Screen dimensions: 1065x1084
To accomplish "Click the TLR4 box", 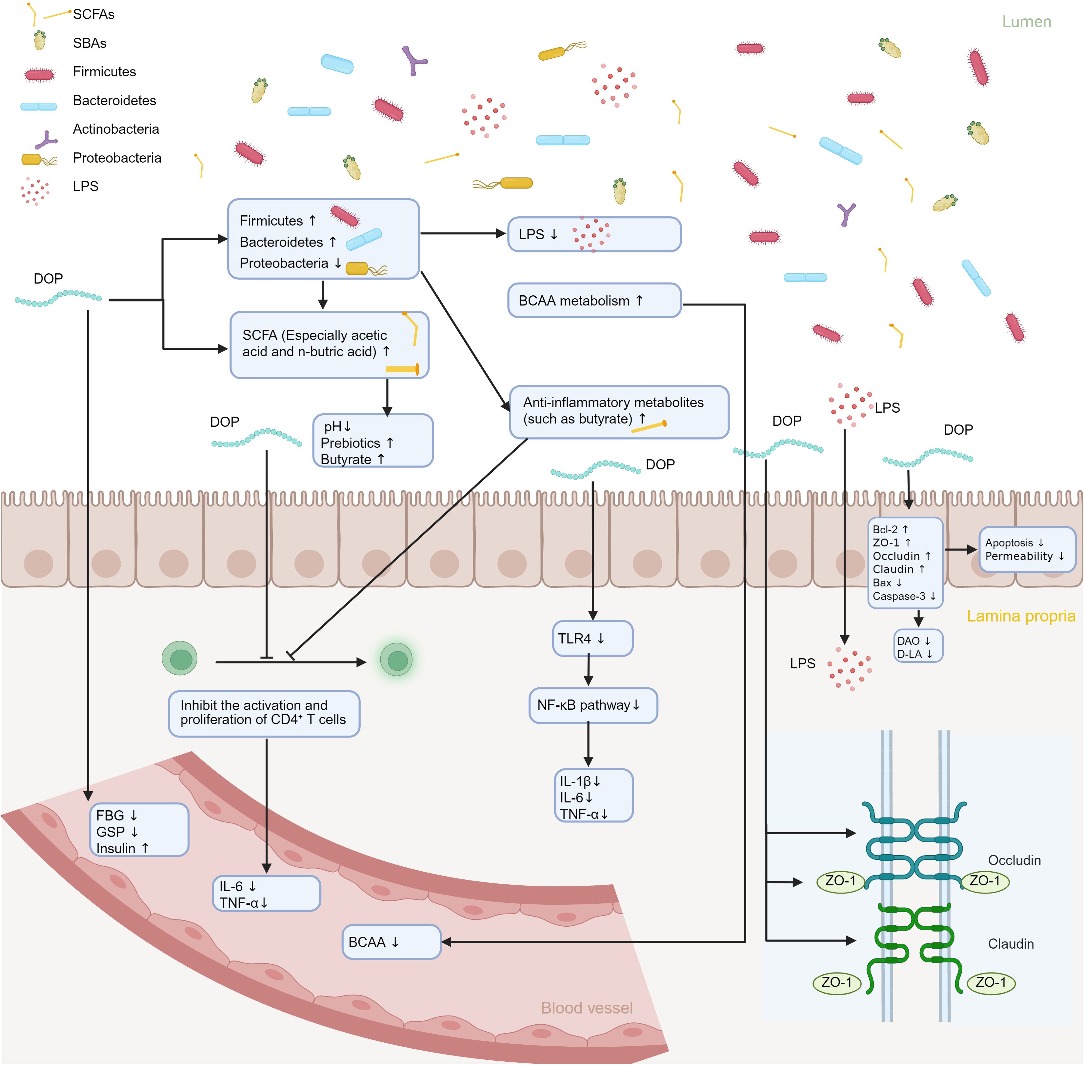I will [592, 638].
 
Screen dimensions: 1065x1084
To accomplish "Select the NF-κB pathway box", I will [592, 705].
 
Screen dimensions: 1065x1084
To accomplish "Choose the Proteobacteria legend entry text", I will [117, 158].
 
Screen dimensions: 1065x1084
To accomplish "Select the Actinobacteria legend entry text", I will [116, 129].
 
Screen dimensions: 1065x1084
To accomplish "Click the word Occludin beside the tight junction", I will [1014, 860].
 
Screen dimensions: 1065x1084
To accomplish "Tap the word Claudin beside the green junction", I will [1010, 944].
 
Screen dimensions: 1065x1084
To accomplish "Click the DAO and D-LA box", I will [918, 647].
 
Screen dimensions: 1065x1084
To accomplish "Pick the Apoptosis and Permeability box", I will [1026, 549].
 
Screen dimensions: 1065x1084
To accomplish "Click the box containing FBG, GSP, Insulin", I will [139, 830].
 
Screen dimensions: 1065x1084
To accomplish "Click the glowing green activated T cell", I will [396, 660].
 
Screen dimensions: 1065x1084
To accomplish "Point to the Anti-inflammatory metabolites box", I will [618, 412].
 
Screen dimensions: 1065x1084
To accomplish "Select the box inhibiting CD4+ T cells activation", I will [264, 713].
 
